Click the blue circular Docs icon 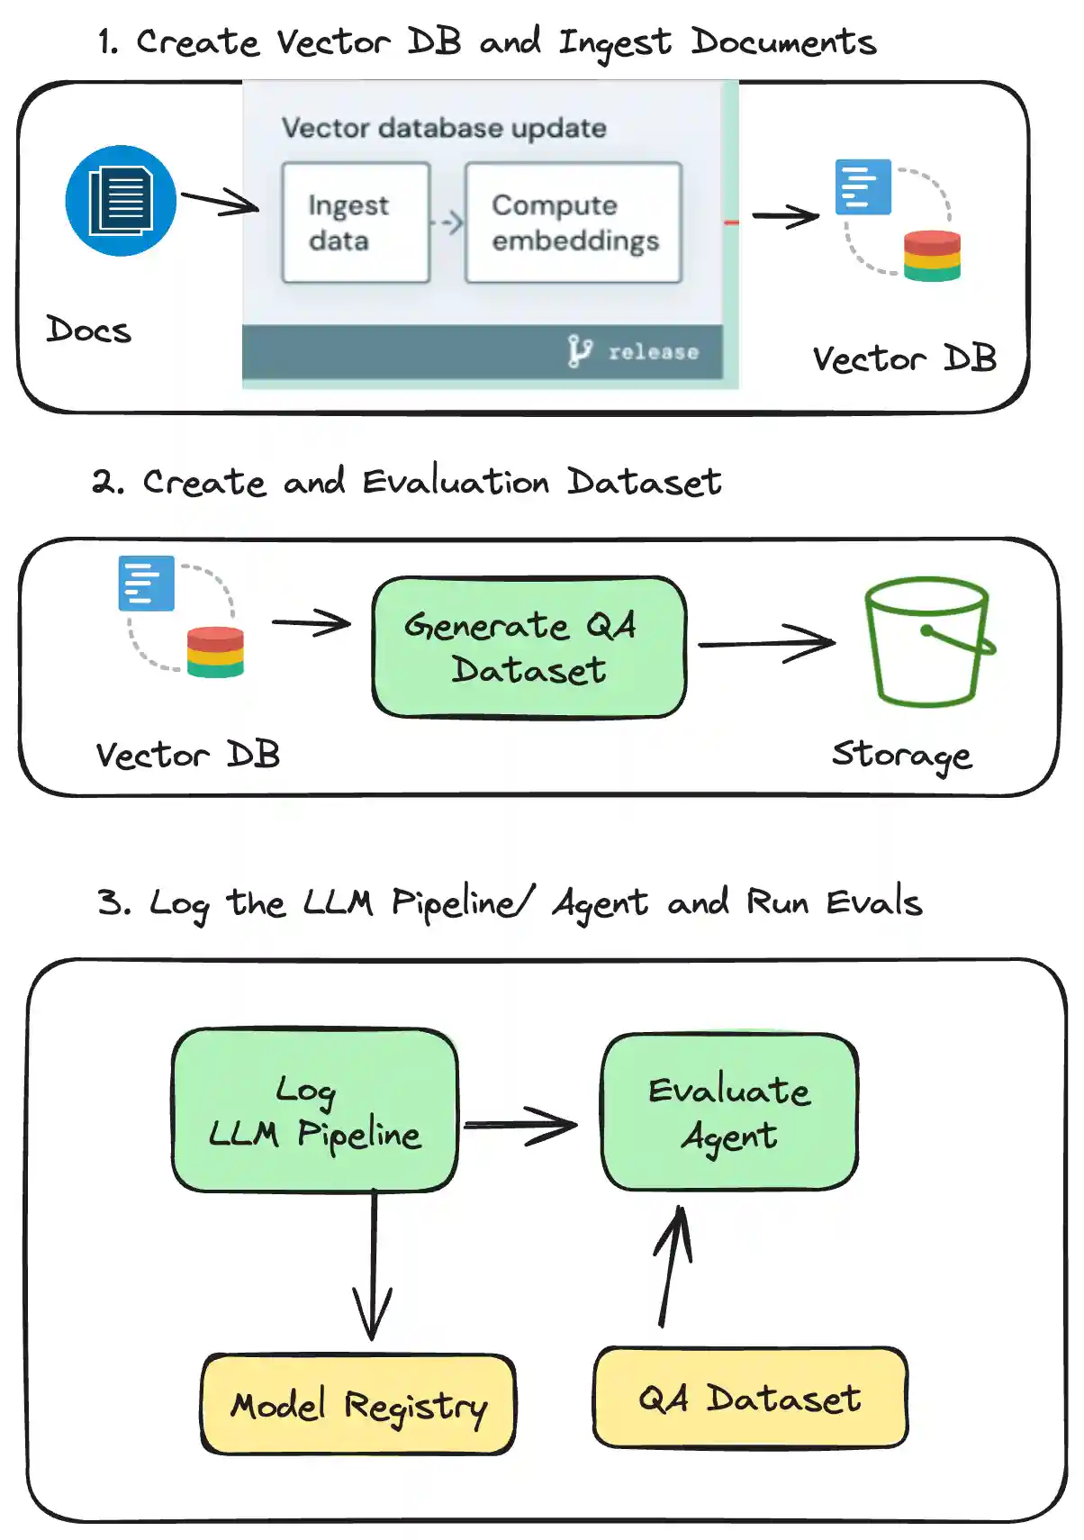click(x=121, y=201)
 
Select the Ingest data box click(x=356, y=222)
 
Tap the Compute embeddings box click(x=574, y=222)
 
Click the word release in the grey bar click(x=653, y=352)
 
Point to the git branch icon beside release click(x=580, y=350)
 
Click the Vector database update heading click(x=444, y=128)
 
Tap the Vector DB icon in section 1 click(x=899, y=220)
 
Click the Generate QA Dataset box click(x=529, y=648)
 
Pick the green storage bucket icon click(x=927, y=642)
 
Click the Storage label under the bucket click(x=901, y=755)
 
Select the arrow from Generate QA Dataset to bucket click(x=766, y=643)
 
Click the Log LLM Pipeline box click(x=315, y=1110)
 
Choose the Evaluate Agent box click(x=730, y=1112)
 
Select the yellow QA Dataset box click(x=750, y=1398)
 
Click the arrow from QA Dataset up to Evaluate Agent click(x=673, y=1265)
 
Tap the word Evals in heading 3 click(x=874, y=902)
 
